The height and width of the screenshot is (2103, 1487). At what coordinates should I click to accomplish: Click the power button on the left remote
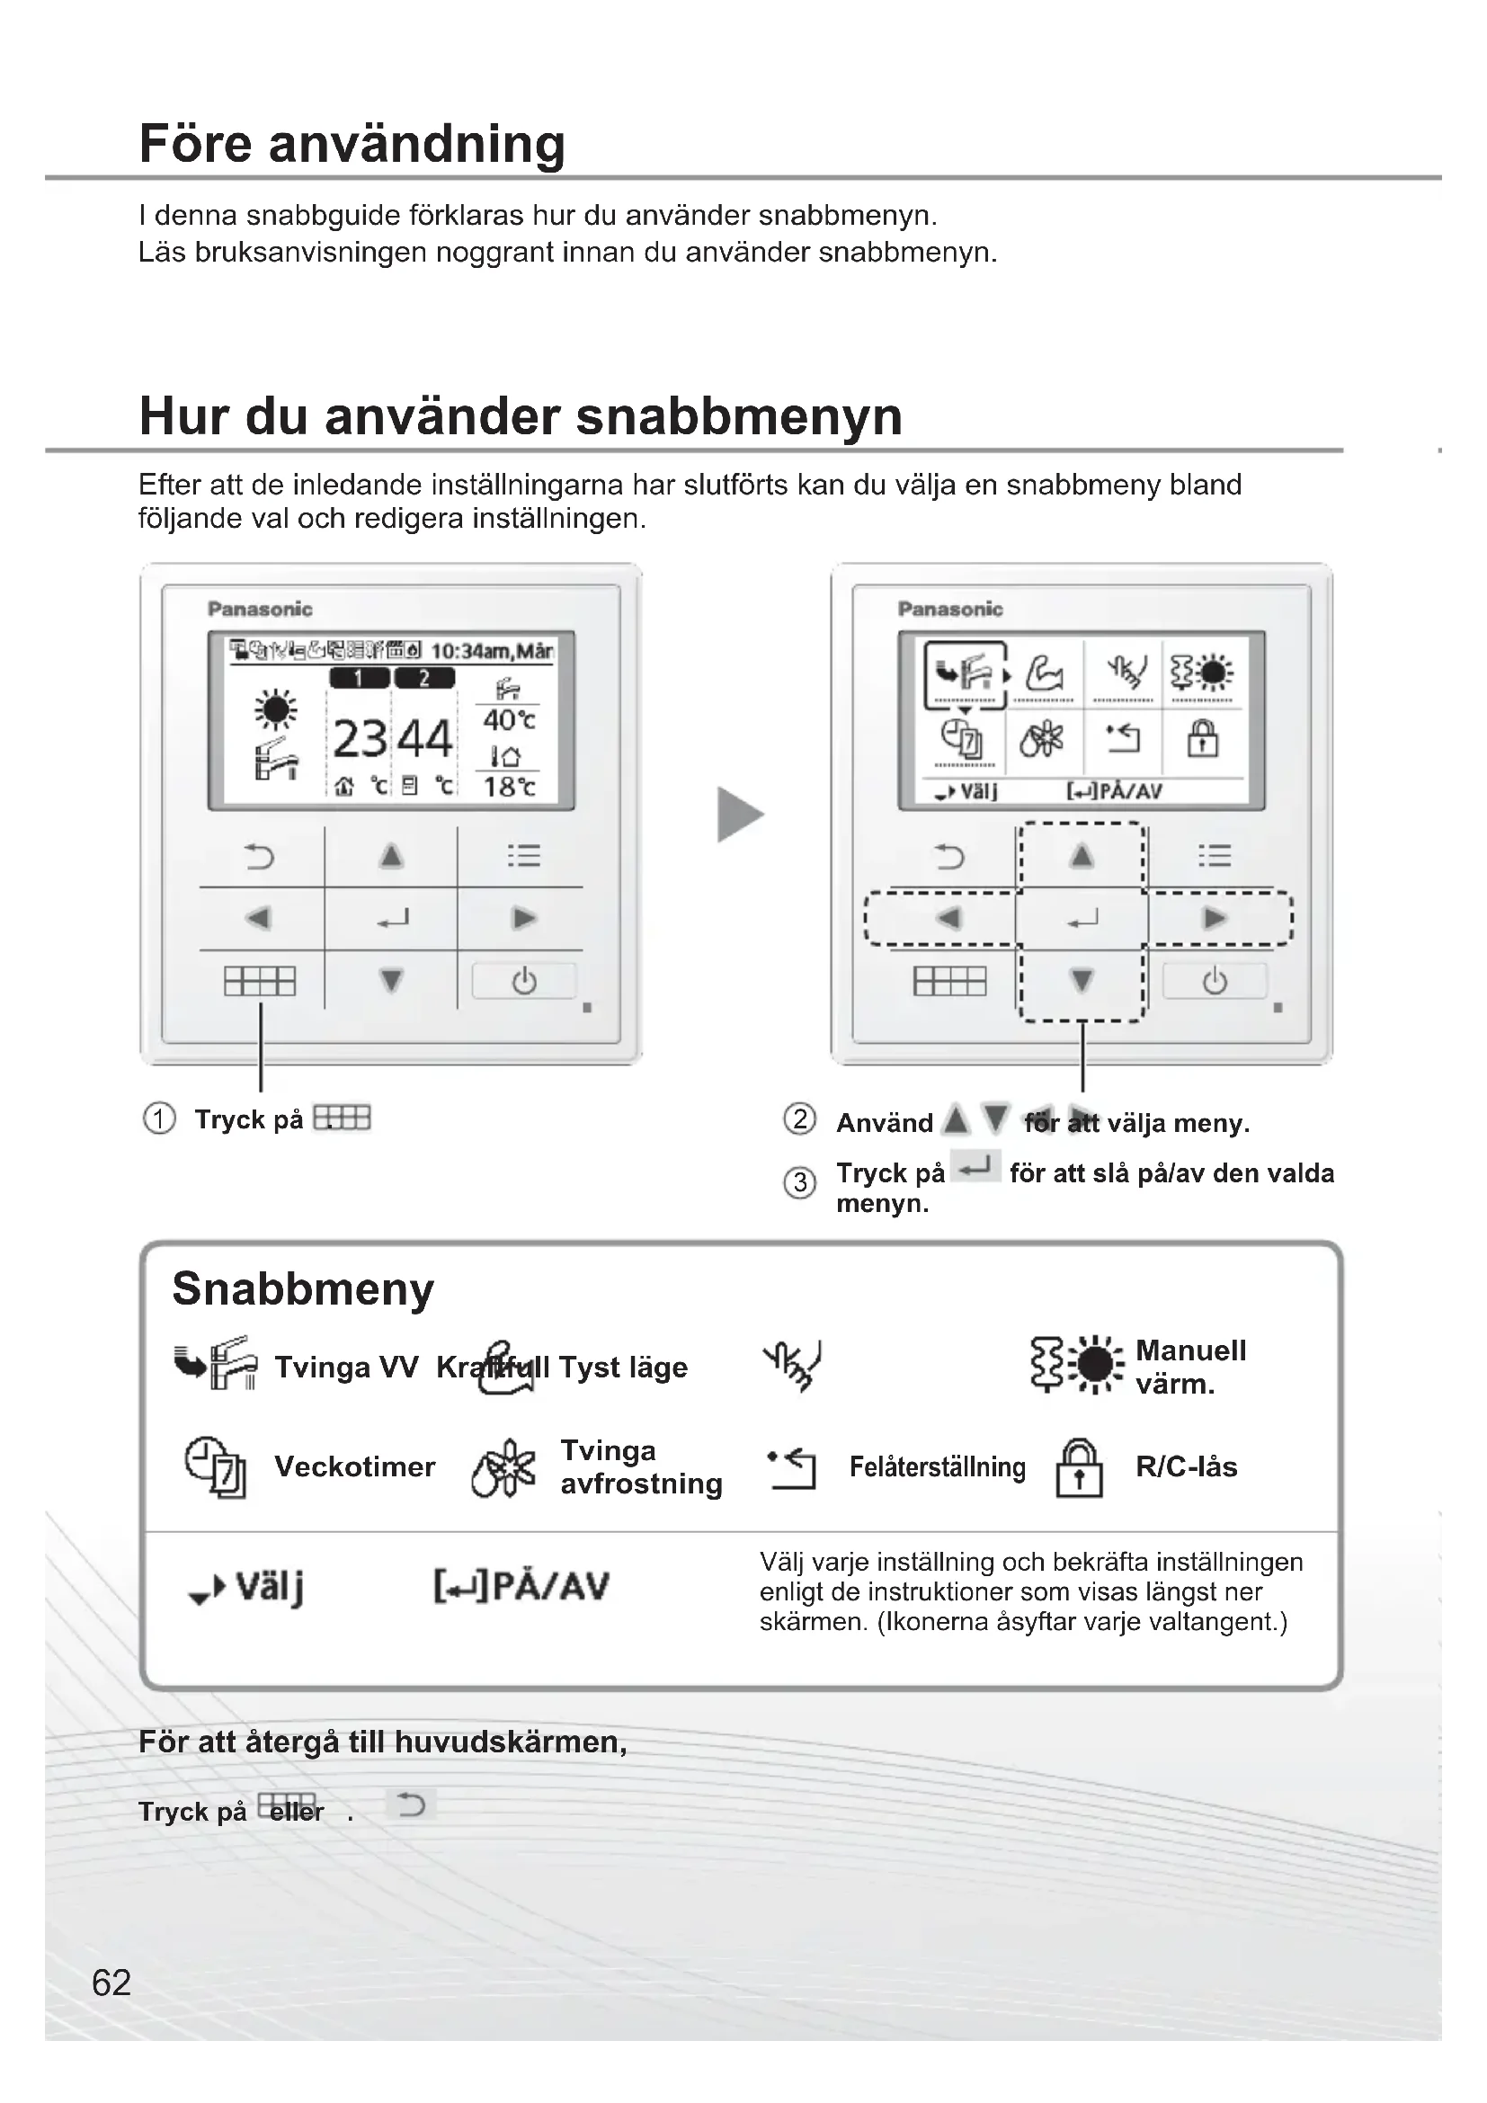tap(524, 982)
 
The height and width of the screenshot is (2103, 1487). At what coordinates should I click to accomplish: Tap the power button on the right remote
tap(1214, 982)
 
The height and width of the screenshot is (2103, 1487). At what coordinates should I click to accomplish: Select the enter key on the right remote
tap(1082, 919)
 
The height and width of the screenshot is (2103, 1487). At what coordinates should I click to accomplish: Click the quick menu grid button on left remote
tap(260, 982)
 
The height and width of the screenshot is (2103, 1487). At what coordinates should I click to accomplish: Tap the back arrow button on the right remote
tap(949, 858)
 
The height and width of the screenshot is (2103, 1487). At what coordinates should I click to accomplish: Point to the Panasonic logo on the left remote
tap(260, 609)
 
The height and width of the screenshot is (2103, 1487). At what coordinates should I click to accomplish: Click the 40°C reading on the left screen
tap(509, 721)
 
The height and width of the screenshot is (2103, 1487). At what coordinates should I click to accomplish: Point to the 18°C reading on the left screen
tap(509, 787)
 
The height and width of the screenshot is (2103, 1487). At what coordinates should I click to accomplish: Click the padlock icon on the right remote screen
tap(1202, 738)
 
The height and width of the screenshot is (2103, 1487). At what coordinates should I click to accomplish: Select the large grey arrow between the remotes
tap(739, 815)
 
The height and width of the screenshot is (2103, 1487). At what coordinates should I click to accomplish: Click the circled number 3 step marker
tap(799, 1182)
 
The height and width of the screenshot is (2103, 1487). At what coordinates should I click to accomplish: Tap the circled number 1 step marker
tap(159, 1119)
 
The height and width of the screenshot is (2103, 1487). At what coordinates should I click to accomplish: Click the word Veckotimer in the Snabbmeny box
tap(354, 1466)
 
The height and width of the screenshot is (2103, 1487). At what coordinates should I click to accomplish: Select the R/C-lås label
tap(1186, 1466)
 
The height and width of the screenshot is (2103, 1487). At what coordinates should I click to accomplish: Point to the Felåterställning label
tap(937, 1467)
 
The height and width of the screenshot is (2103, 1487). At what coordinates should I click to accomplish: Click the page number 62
tap(111, 1983)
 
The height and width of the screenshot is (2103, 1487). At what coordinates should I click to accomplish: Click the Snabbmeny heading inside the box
tap(303, 1288)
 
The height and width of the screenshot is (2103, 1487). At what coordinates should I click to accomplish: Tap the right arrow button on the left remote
tap(524, 918)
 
